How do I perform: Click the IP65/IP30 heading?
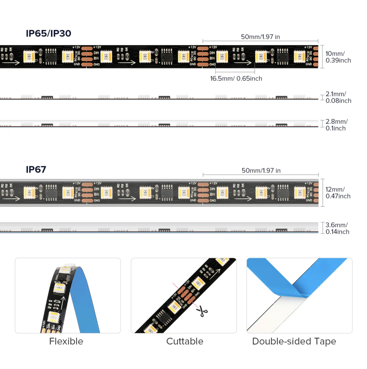pyautogui.click(x=48, y=33)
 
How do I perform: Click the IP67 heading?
pyautogui.click(x=36, y=169)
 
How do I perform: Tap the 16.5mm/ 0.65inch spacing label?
pyautogui.click(x=236, y=78)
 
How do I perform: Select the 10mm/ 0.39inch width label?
pyautogui.click(x=338, y=57)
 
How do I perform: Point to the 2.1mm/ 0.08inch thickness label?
pyautogui.click(x=338, y=97)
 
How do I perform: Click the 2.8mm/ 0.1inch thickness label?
pyautogui.click(x=336, y=125)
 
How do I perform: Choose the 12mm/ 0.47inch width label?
pyautogui.click(x=338, y=193)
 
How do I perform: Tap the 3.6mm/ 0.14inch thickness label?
pyautogui.click(x=337, y=228)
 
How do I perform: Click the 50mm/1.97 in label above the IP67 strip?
pyautogui.click(x=261, y=170)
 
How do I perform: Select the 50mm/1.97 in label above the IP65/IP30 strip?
pyautogui.click(x=260, y=37)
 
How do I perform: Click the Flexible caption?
pyautogui.click(x=66, y=341)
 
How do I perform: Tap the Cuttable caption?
pyautogui.click(x=185, y=341)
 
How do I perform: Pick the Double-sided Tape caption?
pyautogui.click(x=294, y=341)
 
